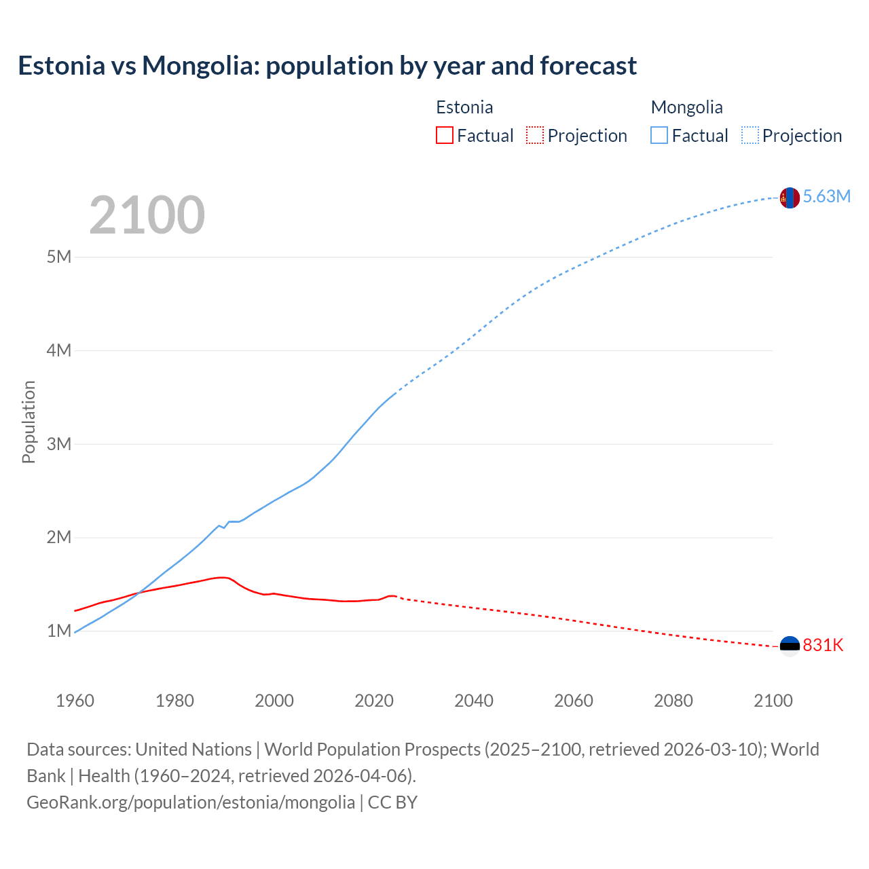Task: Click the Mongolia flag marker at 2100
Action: (790, 198)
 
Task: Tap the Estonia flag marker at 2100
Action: (790, 646)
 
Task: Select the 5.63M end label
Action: (826, 197)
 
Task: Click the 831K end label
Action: (823, 646)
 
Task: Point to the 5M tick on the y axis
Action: (59, 257)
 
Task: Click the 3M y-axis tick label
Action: (59, 444)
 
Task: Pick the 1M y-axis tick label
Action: (59, 631)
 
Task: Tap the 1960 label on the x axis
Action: (75, 701)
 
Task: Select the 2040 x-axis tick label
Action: (474, 701)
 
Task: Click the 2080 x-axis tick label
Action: (673, 701)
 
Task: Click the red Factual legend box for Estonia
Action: (444, 135)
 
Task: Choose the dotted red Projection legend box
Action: (535, 135)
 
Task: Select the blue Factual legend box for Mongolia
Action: (659, 135)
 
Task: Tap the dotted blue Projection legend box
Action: (750, 135)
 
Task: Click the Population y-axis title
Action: (29, 422)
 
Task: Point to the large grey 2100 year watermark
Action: (147, 215)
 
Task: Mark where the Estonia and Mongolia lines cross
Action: (138, 594)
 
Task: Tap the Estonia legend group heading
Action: (464, 107)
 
